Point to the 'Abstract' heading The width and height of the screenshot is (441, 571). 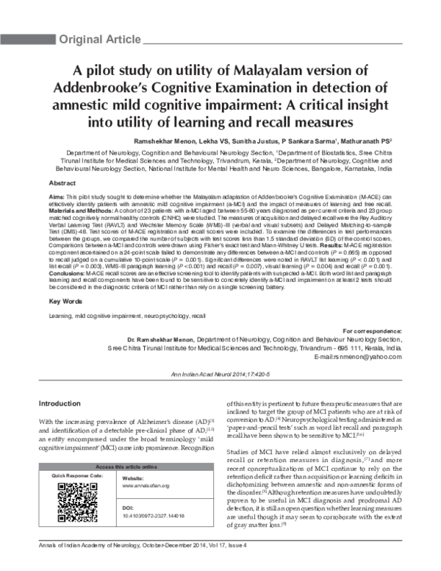tap(62, 182)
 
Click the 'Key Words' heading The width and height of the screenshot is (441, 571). tap(65, 302)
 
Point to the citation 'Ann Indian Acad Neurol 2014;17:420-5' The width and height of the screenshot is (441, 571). tap(220, 375)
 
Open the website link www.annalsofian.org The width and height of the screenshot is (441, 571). tap(146, 486)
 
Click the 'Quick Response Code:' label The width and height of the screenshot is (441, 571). tap(76, 477)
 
